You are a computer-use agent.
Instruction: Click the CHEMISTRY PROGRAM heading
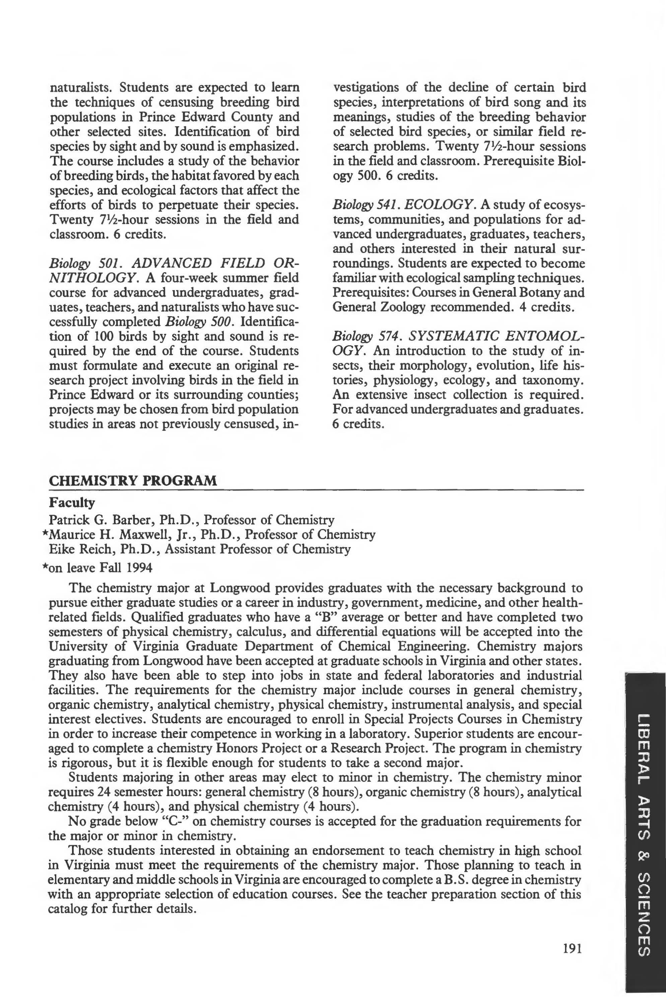coord(133,481)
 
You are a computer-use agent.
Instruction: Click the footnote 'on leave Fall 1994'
coord(100,568)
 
